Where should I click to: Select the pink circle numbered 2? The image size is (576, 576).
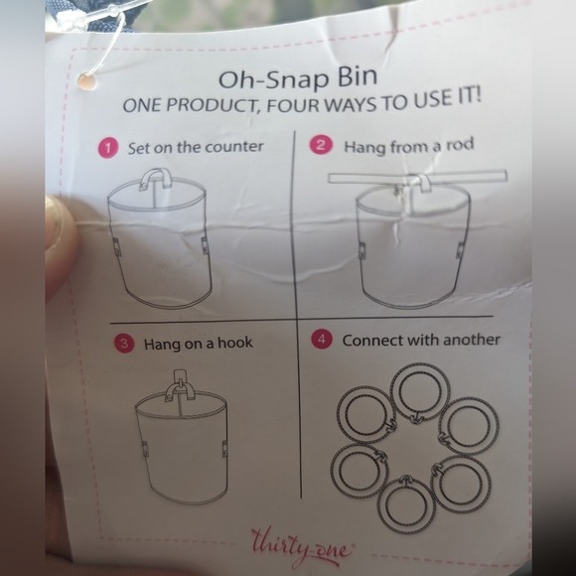[320, 145]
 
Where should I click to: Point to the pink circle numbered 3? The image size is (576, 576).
[124, 344]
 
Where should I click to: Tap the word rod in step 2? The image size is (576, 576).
[461, 145]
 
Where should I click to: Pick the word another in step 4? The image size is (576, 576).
[468, 339]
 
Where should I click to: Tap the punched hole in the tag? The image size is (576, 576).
[88, 80]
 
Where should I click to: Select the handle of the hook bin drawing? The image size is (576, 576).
[180, 384]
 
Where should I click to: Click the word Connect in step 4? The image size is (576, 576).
[373, 340]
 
